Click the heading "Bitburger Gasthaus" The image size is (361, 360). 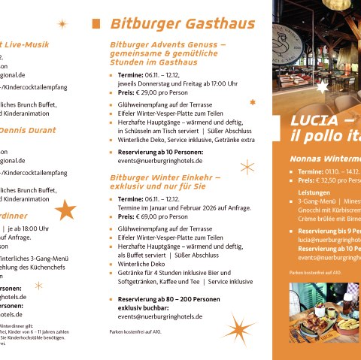click(183, 24)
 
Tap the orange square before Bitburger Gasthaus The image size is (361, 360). click(96, 24)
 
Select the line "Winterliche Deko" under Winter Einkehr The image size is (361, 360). click(142, 264)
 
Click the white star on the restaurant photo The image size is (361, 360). click(323, 87)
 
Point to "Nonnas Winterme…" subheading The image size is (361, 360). click(325, 159)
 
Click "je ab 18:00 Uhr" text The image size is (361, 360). click(30, 228)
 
